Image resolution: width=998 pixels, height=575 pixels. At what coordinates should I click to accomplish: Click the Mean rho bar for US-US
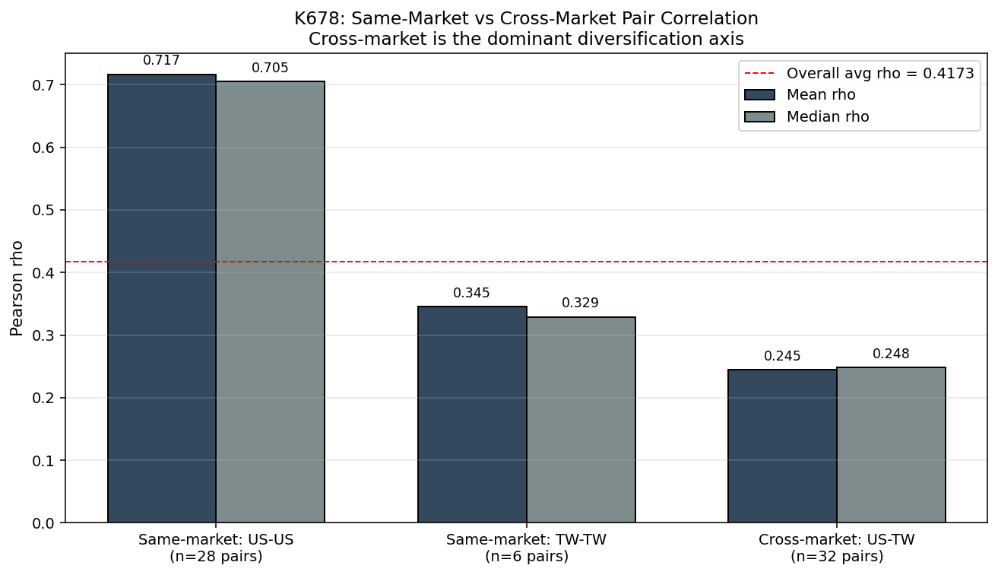pos(162,298)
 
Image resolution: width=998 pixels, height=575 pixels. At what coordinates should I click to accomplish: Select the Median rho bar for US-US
pos(271,302)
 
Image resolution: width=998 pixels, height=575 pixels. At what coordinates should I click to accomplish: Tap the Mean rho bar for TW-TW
pos(472,414)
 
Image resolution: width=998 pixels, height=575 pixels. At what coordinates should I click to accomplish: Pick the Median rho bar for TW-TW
pos(581,419)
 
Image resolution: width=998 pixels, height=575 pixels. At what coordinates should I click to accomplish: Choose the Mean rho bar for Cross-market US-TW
pos(782,446)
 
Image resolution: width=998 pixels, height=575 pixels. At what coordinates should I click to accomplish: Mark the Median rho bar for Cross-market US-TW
pos(891,445)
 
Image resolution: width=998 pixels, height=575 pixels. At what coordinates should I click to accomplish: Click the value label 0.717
pos(161,60)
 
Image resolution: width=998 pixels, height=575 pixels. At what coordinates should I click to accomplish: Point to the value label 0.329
pos(580,303)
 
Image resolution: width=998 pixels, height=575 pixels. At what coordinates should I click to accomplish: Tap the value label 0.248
pos(891,354)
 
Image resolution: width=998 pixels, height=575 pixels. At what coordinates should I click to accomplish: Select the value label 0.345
pos(471,293)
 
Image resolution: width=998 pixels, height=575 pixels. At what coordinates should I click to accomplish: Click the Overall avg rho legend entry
pos(860,73)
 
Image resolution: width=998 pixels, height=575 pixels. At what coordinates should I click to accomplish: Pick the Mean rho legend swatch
pos(759,95)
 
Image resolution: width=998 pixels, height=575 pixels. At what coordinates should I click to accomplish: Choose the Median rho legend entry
pos(807,117)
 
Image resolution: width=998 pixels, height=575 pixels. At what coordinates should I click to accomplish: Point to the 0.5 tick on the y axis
pos(43,210)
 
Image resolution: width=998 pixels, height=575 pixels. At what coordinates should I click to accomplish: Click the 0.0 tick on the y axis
pos(43,523)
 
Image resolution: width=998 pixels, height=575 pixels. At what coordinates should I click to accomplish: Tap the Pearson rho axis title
pos(17,288)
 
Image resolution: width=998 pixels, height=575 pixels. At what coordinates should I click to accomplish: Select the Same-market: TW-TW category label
pos(526,539)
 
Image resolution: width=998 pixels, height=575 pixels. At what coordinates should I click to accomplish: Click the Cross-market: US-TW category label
pos(837,539)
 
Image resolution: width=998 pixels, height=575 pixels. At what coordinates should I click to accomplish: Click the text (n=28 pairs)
pos(216,556)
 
